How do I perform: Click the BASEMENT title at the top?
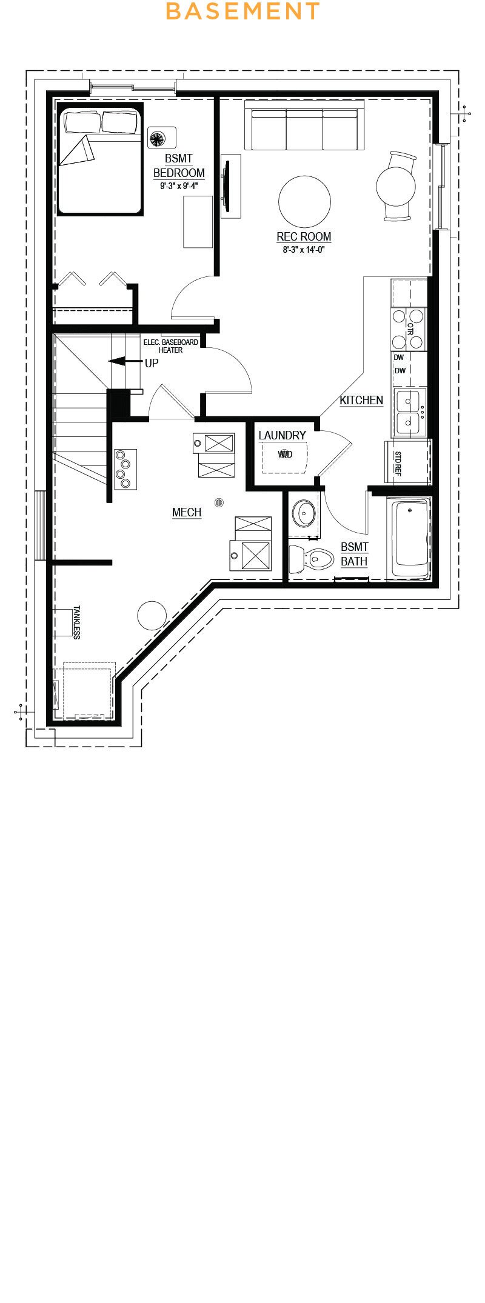coord(242,11)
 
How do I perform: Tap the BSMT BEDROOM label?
coord(179,165)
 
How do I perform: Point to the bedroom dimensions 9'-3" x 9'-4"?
coord(179,187)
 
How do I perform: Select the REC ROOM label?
coord(304,236)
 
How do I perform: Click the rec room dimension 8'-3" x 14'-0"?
coord(304,249)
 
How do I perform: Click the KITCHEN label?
coord(361,400)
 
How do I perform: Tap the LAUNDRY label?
coord(282,435)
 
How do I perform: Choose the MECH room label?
coord(187,512)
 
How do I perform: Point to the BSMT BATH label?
coord(354,554)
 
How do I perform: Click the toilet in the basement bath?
coord(312,558)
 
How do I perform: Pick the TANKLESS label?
coord(76,622)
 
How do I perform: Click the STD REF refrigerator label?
coord(398,464)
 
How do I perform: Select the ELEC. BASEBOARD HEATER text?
coord(170,346)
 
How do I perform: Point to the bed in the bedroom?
coord(100,161)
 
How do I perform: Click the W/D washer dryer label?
coord(285,454)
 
